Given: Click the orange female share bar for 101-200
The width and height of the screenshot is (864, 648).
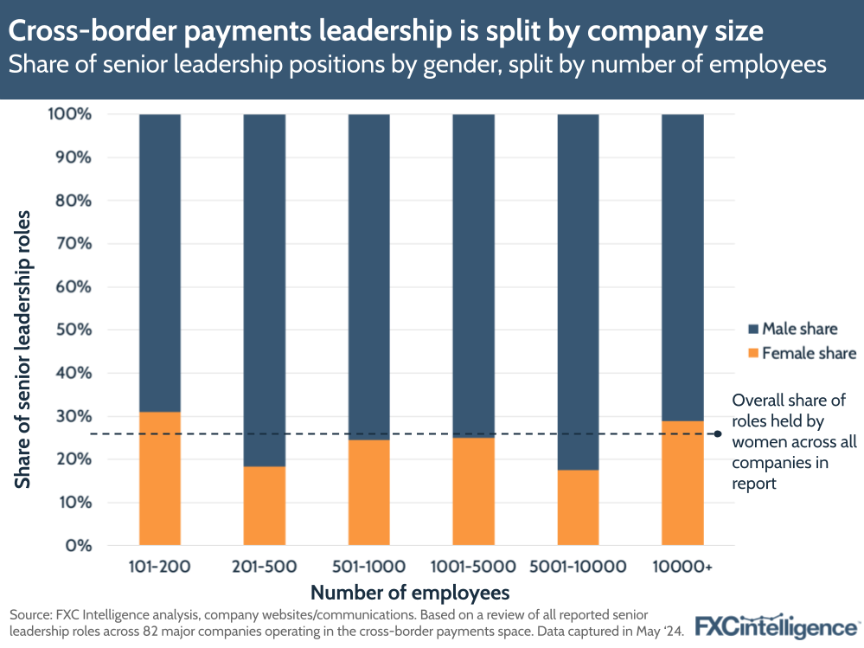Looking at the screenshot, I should click(160, 478).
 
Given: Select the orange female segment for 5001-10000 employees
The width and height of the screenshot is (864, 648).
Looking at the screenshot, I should click(578, 508).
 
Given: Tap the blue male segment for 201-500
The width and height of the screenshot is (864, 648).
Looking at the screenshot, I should click(264, 290).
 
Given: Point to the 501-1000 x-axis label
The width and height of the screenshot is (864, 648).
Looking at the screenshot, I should click(368, 568).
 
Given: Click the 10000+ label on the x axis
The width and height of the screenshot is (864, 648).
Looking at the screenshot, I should click(682, 568).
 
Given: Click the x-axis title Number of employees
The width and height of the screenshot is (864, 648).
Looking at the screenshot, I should click(409, 593).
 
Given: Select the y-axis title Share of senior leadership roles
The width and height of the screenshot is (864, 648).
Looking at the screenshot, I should click(23, 348).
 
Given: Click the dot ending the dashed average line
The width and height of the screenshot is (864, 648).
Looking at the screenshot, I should click(718, 434).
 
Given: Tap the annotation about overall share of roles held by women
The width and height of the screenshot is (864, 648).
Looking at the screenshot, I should click(793, 442).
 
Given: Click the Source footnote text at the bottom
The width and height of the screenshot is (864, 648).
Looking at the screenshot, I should click(346, 623).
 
